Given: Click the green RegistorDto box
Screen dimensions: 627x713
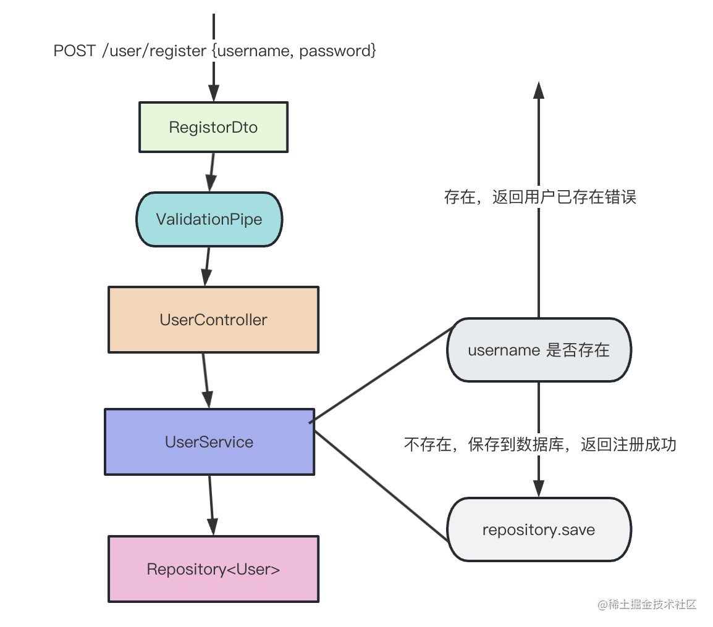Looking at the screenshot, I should click(x=213, y=127).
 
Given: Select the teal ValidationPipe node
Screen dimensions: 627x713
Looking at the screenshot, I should click(x=209, y=220).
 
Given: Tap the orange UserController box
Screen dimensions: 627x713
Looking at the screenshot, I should click(x=213, y=320).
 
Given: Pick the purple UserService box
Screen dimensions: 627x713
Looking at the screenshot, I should click(x=209, y=442).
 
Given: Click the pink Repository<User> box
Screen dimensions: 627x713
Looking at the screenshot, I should click(x=213, y=569).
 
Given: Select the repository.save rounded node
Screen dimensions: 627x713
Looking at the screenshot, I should click(x=539, y=530).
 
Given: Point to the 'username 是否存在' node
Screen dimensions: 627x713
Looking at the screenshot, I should click(x=539, y=351).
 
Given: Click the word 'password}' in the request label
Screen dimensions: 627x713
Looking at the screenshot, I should click(x=337, y=51).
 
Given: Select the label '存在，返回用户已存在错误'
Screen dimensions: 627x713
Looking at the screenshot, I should click(x=539, y=197).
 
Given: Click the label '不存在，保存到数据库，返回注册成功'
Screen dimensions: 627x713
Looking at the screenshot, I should click(x=539, y=444).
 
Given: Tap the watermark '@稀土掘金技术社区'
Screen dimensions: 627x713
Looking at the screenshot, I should click(x=646, y=605).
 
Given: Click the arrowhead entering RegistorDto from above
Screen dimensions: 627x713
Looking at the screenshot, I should click(x=213, y=93).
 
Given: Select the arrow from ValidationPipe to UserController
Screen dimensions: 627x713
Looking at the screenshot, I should click(x=207, y=267).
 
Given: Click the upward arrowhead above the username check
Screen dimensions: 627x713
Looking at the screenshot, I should click(x=539, y=91).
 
